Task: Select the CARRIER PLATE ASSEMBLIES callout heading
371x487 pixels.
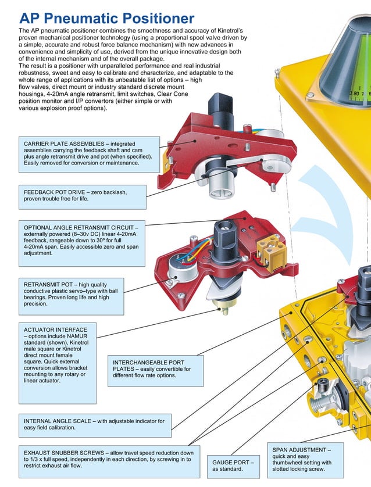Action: coord(65,144)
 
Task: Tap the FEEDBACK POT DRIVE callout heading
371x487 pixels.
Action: coord(59,191)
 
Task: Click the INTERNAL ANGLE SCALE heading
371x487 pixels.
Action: coord(64,420)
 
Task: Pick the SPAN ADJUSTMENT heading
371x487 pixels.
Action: coord(301,450)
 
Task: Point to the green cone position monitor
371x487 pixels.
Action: coord(349,46)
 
